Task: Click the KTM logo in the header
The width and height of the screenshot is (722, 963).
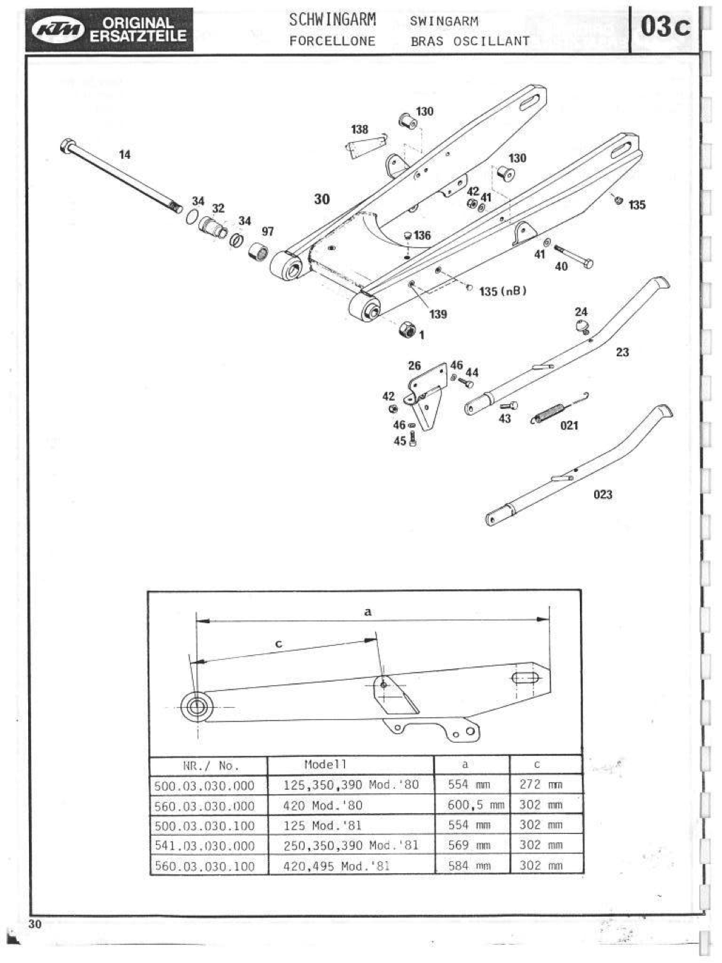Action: pos(61,30)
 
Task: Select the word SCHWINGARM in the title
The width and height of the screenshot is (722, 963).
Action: pos(332,20)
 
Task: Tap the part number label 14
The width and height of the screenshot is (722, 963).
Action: pos(124,154)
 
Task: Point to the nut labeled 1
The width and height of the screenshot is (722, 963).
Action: pos(407,329)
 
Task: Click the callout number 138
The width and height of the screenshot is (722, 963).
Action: pos(360,129)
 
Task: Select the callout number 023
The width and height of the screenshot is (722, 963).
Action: pos(603,495)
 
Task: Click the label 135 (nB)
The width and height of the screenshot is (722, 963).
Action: pos(503,291)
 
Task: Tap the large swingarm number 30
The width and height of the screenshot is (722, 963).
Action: pos(321,199)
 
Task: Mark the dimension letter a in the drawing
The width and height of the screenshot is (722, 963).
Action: pos(367,612)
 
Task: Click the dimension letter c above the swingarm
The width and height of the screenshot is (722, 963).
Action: pos(278,644)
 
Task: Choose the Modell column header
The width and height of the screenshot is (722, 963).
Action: pos(325,764)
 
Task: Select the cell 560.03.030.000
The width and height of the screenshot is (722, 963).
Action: pos(204,805)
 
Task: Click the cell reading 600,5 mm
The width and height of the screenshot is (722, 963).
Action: pos(475,805)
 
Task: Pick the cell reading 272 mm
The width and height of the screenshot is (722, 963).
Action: pos(540,784)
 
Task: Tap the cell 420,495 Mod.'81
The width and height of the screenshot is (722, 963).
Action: pos(336,865)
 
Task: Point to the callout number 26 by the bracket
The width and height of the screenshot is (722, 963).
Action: pos(414,365)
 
